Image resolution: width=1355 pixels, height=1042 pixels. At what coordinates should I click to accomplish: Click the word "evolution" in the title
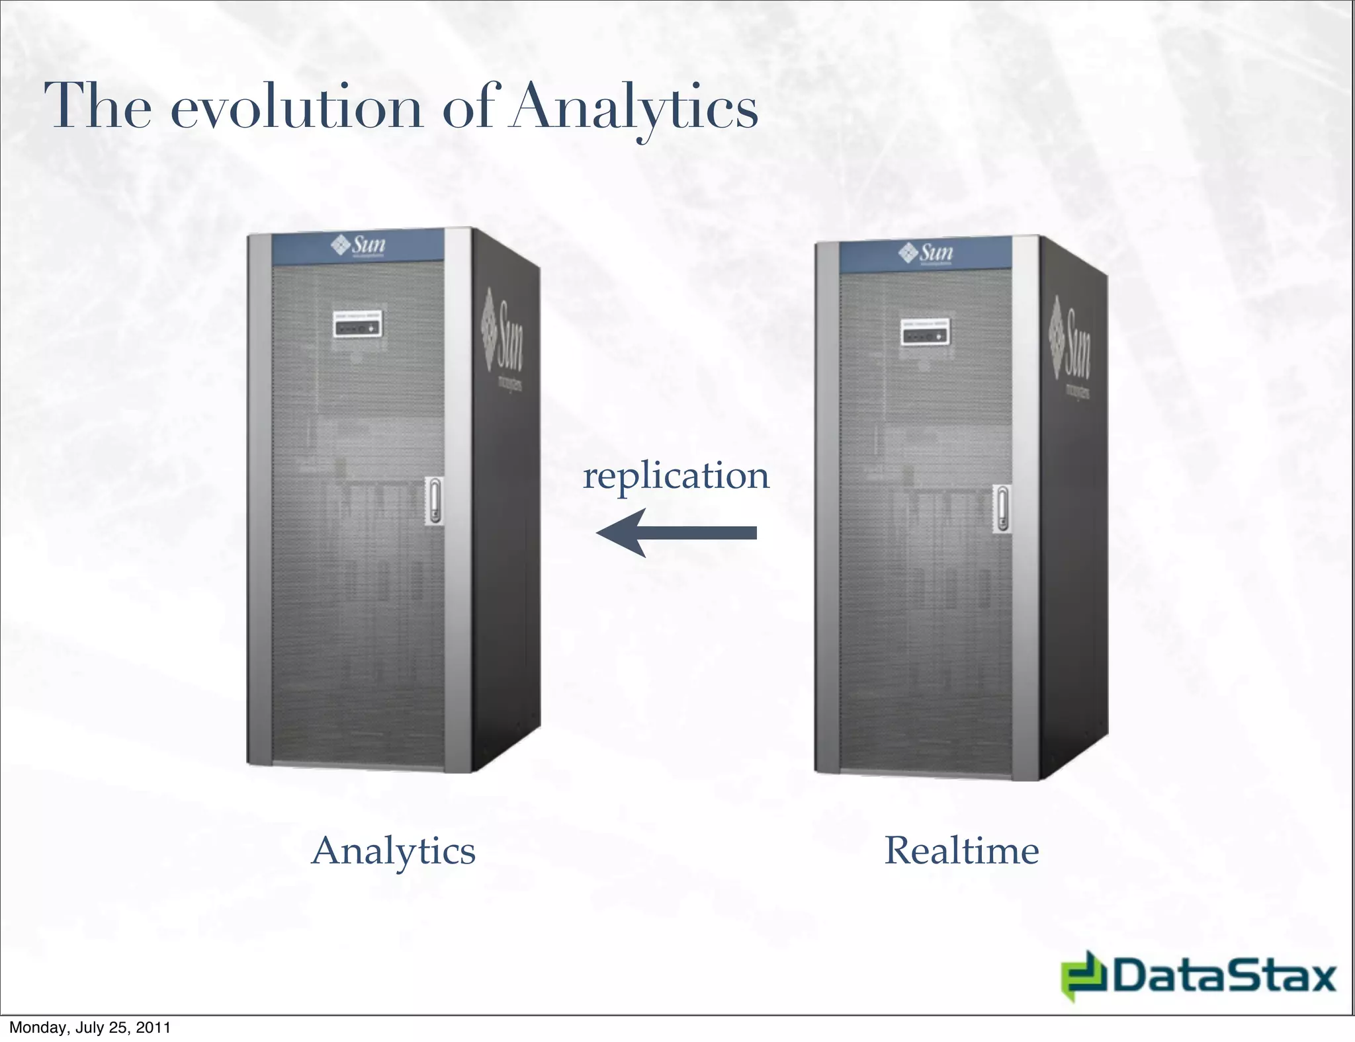click(x=297, y=108)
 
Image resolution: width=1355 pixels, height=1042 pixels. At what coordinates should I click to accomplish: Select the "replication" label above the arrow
click(x=676, y=476)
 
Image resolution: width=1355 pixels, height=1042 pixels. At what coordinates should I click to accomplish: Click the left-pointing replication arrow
click(x=676, y=533)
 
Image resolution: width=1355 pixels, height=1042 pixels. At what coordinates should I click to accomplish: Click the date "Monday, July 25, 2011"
click(x=90, y=1027)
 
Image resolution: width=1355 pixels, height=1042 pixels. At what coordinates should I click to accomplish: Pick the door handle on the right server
click(x=1002, y=508)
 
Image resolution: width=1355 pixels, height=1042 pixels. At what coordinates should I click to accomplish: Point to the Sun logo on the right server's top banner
click(x=926, y=253)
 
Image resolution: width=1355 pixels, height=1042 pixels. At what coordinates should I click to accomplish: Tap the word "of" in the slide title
click(x=467, y=108)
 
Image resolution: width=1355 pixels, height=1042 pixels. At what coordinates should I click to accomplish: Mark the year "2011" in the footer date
click(x=153, y=1027)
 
